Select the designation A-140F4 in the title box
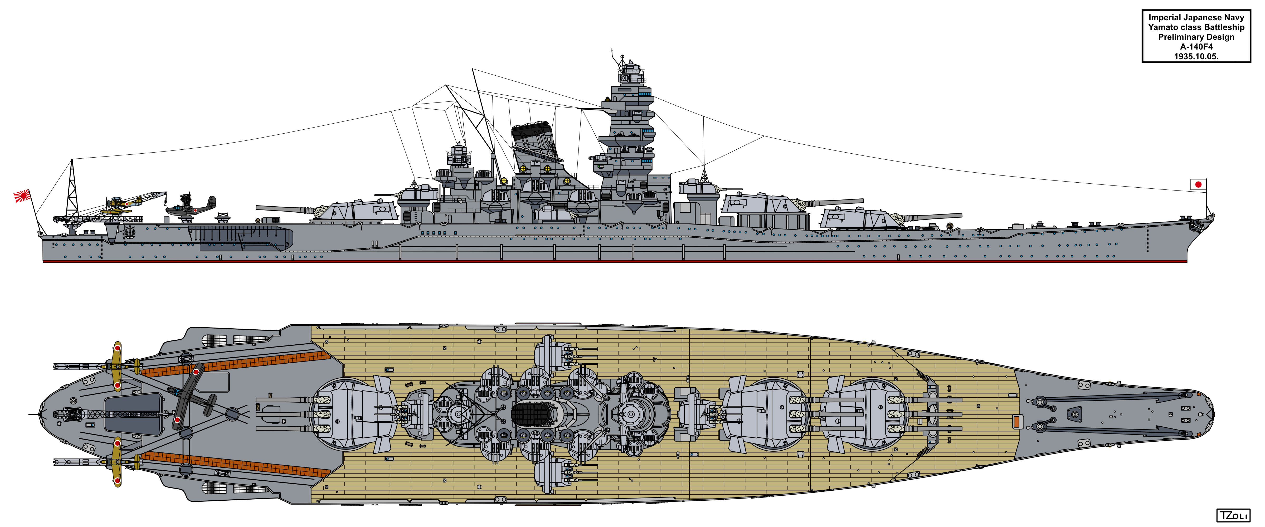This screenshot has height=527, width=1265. (1196, 47)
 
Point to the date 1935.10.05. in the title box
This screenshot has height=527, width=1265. (1196, 56)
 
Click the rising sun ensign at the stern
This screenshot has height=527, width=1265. (22, 197)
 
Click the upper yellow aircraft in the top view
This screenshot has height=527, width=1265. (117, 366)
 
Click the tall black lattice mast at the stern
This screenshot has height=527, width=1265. (72, 189)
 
